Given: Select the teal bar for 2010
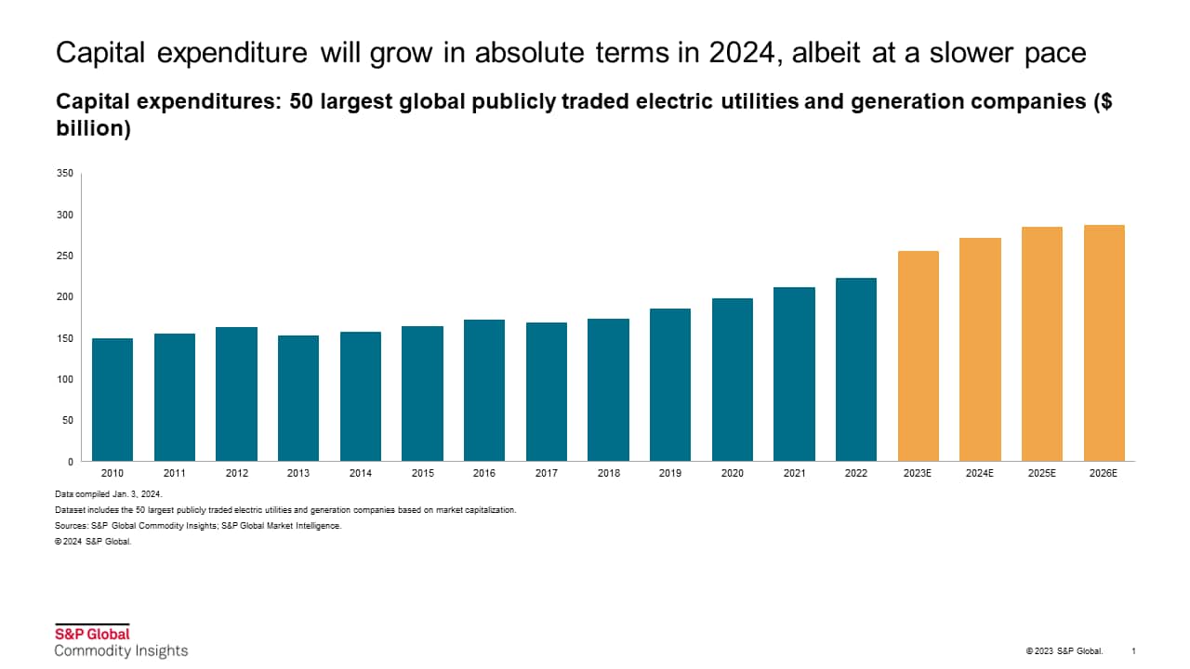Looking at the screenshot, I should pos(112,400).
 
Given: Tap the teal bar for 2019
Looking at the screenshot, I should pos(670,385).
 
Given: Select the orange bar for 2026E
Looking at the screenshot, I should pos(1104,343).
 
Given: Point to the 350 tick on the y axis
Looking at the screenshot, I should pos(64,174).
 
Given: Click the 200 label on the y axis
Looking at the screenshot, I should pos(64,297).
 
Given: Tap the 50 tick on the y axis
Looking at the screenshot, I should pos(67,420).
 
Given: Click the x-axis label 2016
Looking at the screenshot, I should pos(484,474).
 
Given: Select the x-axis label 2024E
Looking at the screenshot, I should pos(980,474).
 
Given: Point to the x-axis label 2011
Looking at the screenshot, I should pos(175,474).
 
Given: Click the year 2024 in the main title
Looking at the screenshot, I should pos(738,53).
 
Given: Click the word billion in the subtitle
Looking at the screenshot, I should pos(93,129).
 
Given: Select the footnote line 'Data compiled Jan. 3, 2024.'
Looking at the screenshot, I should pos(109,494).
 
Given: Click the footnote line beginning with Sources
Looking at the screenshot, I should pos(198,526).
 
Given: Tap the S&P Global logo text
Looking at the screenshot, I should pos(92,635).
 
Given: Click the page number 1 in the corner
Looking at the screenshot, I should pos(1133,650).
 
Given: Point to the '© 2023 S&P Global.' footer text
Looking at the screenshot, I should pos(1064,650).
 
